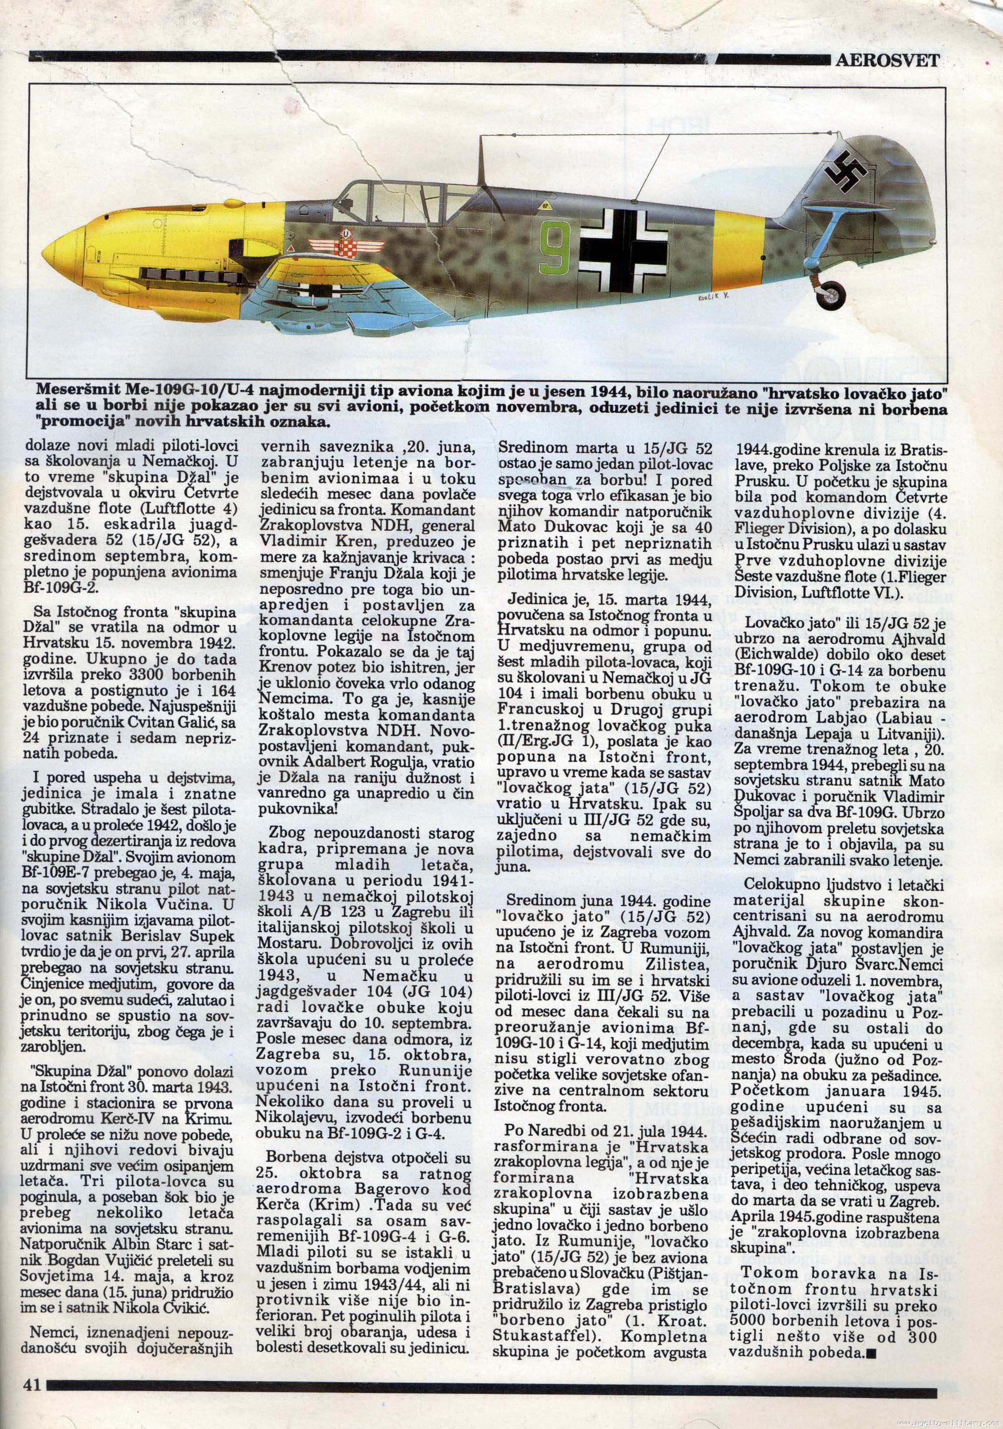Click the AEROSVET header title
coord(887,60)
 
